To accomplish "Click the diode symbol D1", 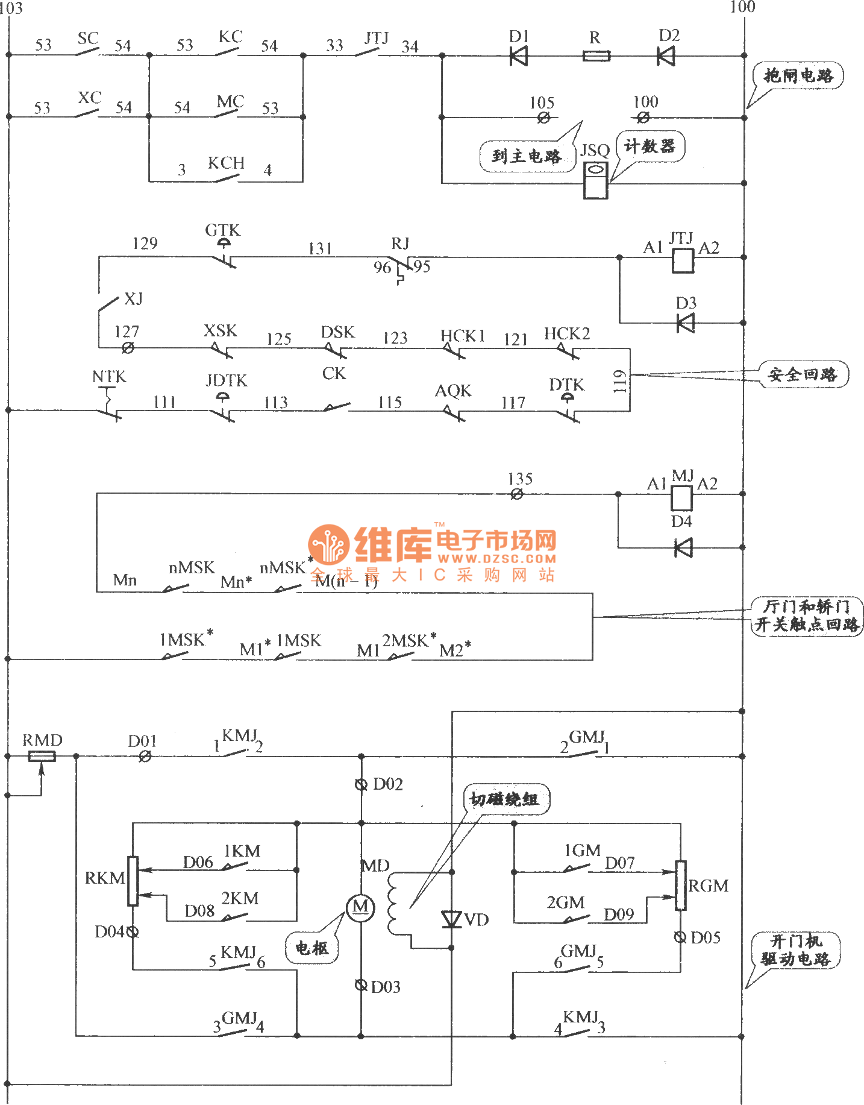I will [518, 56].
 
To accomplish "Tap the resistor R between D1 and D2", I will [596, 56].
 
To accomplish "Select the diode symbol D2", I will [666, 56].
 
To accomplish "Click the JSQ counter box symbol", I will [595, 180].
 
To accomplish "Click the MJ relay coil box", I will [682, 498].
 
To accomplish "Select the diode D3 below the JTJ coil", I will [685, 323].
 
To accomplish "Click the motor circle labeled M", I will [360, 907].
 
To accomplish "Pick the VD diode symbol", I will [451, 919].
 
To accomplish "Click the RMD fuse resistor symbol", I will [42, 756].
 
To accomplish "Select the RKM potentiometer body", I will [133, 881].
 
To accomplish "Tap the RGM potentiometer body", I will [681, 885].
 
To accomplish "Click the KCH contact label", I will [226, 163].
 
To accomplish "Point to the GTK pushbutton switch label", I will [222, 230].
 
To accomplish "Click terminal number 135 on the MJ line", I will [520, 479].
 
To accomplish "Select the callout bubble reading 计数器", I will [650, 146].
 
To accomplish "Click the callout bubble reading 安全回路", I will [803, 375].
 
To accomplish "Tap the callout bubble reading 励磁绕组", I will [505, 800].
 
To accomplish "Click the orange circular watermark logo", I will [329, 545].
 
